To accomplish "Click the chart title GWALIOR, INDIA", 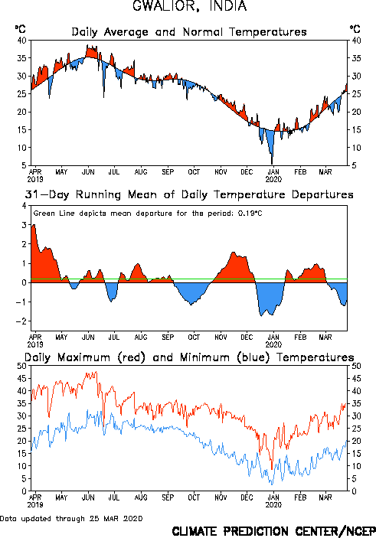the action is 190,6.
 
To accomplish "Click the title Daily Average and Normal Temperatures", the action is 189,32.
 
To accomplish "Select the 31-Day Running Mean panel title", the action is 189,194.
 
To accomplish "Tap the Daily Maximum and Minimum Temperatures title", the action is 189,357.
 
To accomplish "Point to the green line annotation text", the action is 148,214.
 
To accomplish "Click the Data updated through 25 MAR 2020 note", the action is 71,518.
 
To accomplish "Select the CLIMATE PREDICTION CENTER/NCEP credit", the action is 273,531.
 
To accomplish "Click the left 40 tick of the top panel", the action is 22,41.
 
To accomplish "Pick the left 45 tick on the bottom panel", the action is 22,379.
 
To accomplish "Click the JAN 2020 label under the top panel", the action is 273,175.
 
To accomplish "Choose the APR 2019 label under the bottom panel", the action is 35,501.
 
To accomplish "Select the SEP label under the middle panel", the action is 168,337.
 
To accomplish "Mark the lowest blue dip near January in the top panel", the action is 272,164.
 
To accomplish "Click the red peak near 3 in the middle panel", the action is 34,225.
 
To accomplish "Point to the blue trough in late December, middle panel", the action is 261,315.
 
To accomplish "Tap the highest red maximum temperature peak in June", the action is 96,372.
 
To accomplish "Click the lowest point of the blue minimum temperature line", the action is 273,484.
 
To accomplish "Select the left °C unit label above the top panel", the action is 20,28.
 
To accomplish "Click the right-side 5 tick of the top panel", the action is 354,165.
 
